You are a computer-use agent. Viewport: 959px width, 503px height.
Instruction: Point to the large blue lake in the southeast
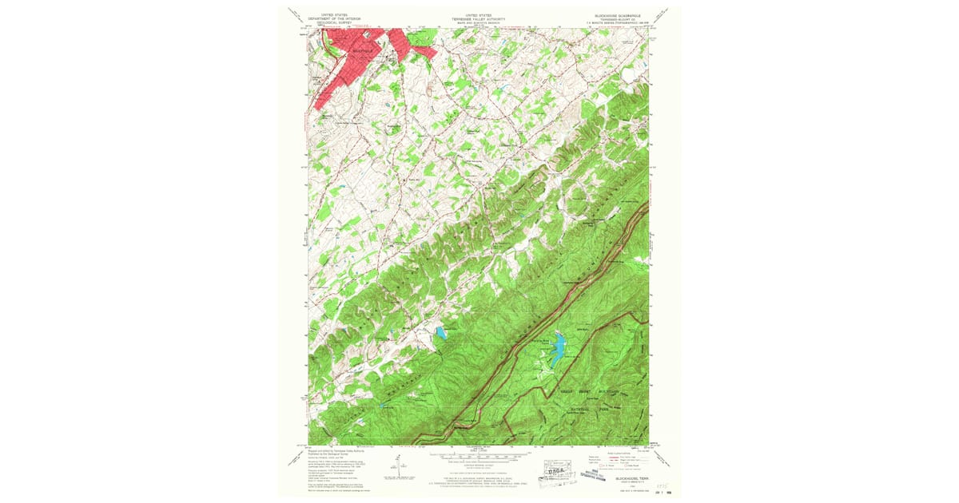(x=558, y=346)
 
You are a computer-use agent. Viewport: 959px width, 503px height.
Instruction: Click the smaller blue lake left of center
(x=440, y=334)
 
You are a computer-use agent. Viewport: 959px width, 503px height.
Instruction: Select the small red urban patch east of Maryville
(x=423, y=51)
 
